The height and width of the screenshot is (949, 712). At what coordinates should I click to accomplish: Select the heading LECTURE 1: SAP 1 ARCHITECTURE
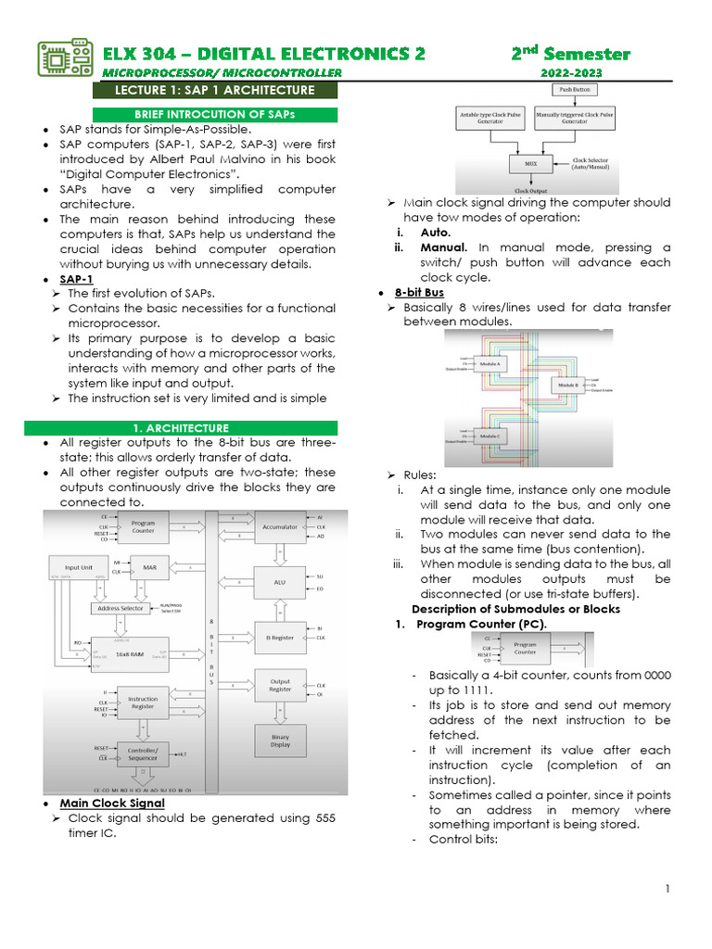pos(213,90)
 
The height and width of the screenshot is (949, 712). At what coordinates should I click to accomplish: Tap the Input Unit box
pos(78,567)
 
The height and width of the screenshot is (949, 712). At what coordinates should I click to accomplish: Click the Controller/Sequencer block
pos(136,753)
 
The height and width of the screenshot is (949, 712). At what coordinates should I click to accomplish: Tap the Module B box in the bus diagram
pos(568,385)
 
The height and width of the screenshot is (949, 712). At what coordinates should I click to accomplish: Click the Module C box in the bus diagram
pos(491,436)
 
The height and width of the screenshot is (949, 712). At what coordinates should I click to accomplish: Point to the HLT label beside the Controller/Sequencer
pos(183,753)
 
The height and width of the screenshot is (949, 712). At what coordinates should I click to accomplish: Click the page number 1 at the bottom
pos(667,890)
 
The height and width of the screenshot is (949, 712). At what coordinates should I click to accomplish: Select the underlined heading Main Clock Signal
pos(112,803)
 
